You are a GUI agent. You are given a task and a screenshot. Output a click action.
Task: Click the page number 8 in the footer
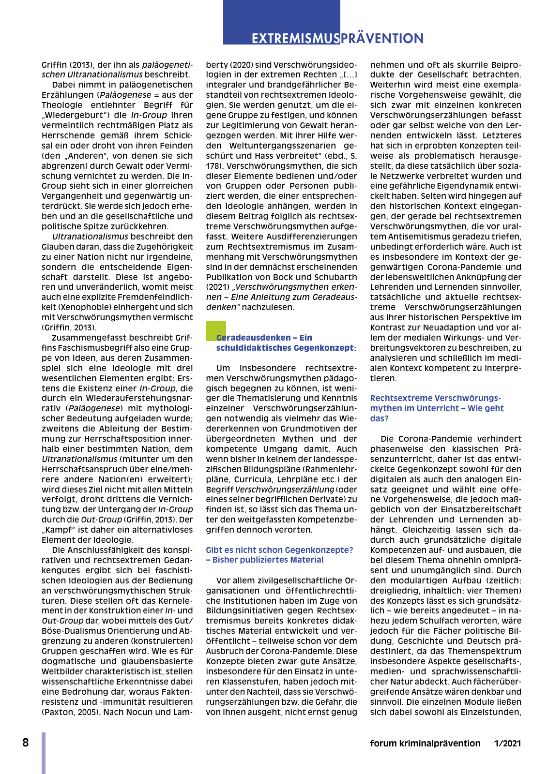click(26, 743)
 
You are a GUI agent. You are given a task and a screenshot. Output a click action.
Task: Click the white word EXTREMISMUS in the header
click(295, 38)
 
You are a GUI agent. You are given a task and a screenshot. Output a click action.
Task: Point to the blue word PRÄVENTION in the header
click(382, 38)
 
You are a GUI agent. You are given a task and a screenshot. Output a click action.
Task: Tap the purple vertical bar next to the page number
click(44, 753)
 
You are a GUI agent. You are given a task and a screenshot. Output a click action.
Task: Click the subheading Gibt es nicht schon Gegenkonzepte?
click(279, 550)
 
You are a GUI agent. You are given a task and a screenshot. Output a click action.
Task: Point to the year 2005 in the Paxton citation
click(85, 712)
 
